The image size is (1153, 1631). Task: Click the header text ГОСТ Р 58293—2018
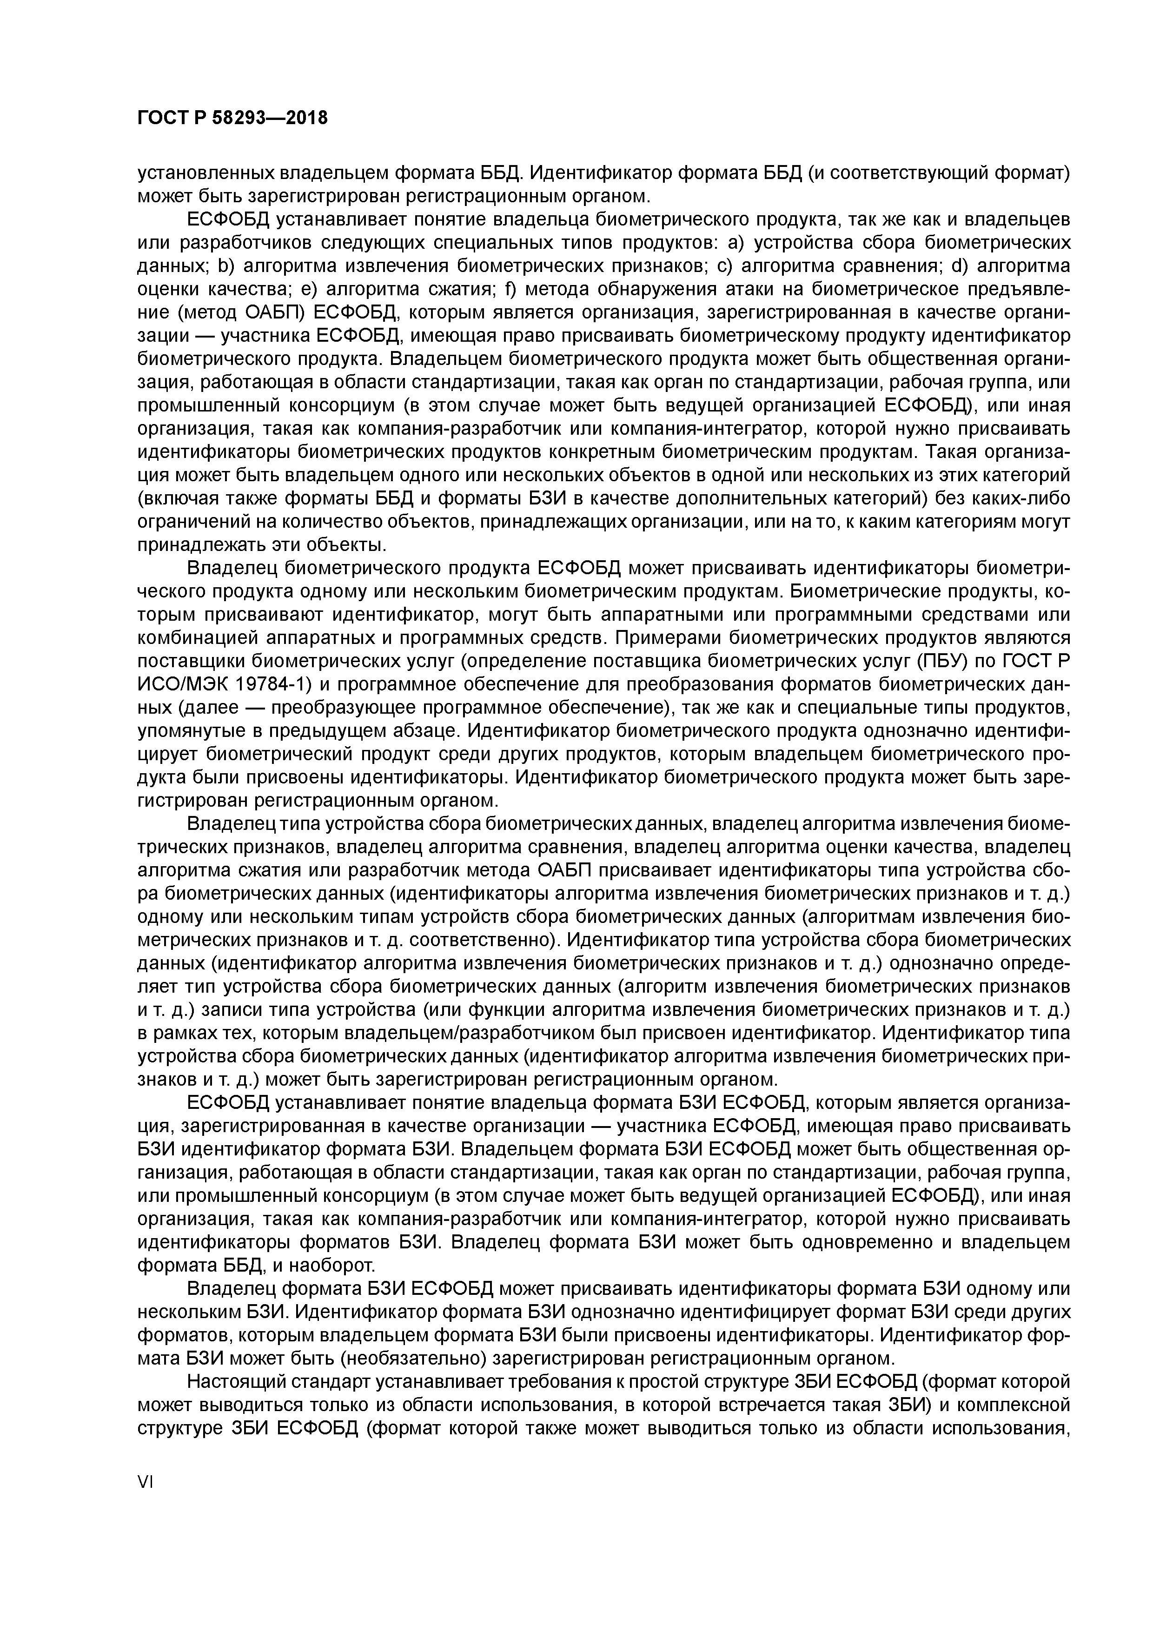click(x=232, y=118)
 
